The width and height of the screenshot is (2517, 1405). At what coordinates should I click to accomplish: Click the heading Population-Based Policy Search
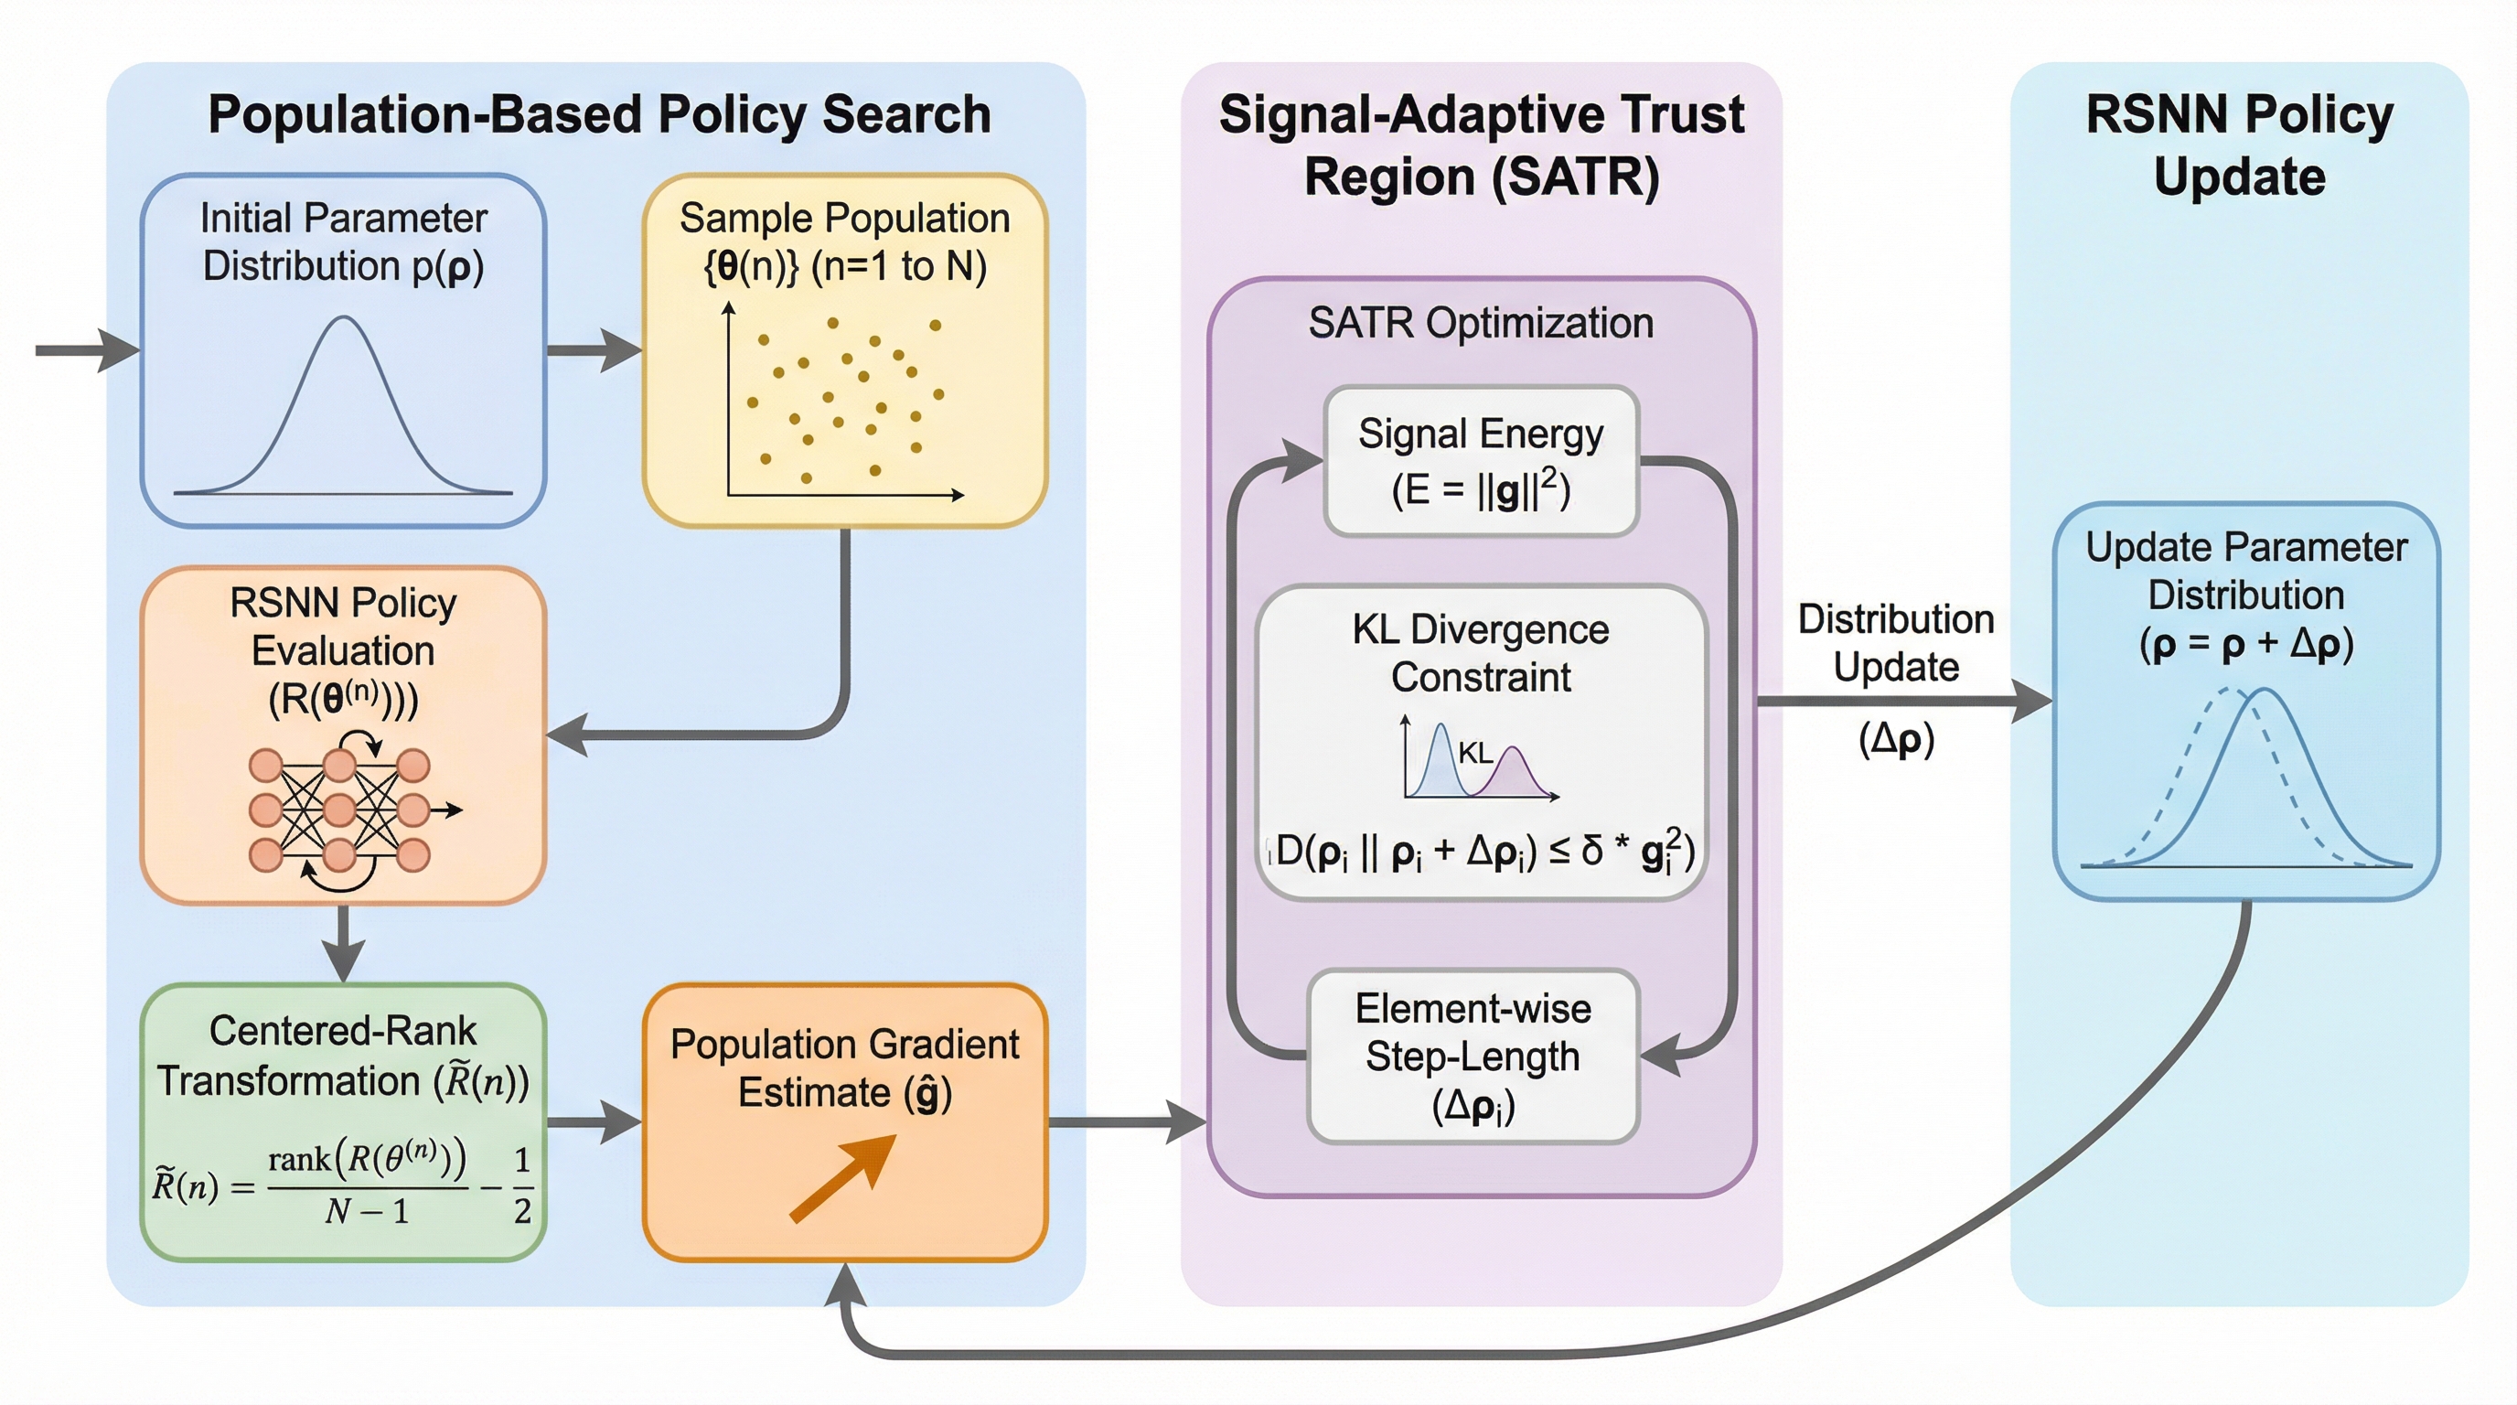(x=599, y=114)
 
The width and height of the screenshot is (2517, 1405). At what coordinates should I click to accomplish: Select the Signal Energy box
(x=1481, y=460)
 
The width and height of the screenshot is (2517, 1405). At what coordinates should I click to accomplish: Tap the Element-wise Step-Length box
(x=1473, y=1056)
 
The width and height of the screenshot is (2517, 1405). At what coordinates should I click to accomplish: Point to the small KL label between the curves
(x=1474, y=752)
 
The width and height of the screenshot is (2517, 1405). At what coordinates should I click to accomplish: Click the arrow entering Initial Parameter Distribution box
(x=88, y=349)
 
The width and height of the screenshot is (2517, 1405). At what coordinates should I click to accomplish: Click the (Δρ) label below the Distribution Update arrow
(x=1896, y=740)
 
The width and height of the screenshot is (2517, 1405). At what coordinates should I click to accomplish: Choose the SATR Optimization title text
(x=1481, y=322)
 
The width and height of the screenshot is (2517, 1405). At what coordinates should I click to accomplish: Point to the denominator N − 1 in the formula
(x=367, y=1212)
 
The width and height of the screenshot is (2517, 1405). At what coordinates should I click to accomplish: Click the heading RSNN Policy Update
(x=2240, y=145)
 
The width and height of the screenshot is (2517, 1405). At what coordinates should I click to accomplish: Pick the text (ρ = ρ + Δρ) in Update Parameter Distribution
(x=2246, y=644)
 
